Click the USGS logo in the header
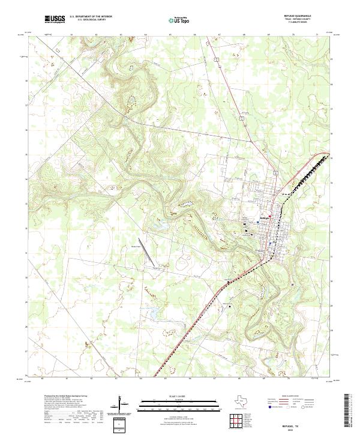pos(55,20)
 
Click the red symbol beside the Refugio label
pos(270,217)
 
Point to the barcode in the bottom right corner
pos(349,413)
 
